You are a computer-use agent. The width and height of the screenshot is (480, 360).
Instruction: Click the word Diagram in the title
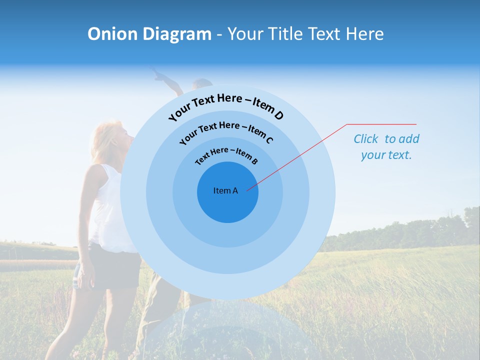click(x=177, y=34)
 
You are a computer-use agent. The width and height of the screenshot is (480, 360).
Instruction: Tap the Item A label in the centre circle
click(x=226, y=190)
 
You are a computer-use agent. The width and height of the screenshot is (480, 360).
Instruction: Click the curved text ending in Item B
click(x=226, y=154)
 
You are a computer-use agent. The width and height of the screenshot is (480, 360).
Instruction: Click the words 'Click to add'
click(x=386, y=139)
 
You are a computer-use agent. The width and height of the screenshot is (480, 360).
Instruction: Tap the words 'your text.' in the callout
click(x=386, y=155)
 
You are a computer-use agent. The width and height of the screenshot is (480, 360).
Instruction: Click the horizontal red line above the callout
click(x=381, y=124)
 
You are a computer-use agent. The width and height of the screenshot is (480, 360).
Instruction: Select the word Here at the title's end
click(x=365, y=34)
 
